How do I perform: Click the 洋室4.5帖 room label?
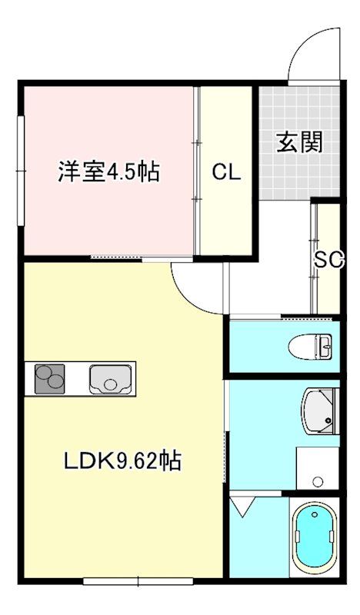[x=108, y=171]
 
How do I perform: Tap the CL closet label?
[x=226, y=171]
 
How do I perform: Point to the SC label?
[x=328, y=260]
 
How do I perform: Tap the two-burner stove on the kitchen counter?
[x=49, y=379]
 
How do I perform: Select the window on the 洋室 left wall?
[x=21, y=170]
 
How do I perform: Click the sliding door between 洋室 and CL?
[x=198, y=170]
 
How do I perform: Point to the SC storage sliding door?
[x=314, y=258]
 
